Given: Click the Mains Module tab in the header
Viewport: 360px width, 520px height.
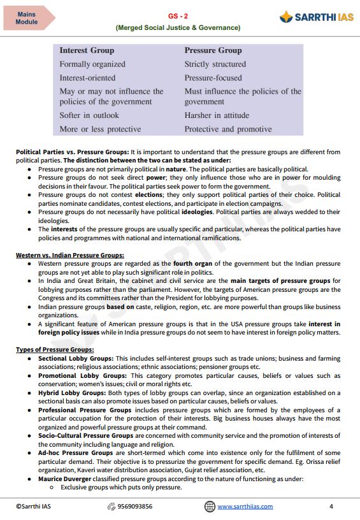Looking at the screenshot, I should tap(27, 18).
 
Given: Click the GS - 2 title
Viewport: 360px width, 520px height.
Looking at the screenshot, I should tap(178, 16).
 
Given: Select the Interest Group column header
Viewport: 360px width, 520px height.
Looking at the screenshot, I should tap(87, 50).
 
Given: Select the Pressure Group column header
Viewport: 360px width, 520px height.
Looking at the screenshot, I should tap(213, 50).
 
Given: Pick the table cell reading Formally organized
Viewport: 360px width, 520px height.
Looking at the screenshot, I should tap(92, 64).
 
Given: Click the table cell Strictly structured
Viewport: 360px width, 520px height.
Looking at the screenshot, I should tap(215, 64).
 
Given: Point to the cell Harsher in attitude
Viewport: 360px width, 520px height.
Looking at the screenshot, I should tap(217, 115).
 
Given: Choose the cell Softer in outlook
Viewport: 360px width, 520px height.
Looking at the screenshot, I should tap(89, 115).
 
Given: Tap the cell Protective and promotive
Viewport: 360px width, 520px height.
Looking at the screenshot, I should tap(227, 129).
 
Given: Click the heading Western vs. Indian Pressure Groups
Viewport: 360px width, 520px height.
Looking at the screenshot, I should tap(70, 256).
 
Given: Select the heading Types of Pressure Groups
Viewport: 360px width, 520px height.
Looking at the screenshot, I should tap(55, 350).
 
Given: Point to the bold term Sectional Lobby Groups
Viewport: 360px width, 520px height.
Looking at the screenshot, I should tap(76, 359).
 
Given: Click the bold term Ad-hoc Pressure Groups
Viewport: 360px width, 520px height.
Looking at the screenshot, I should tap(76, 452).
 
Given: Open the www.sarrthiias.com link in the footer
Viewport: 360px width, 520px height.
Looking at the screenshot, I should tap(245, 507).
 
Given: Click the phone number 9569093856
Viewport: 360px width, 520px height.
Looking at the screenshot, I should tap(134, 507).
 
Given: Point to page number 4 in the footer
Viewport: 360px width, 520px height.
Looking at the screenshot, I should tap(331, 507).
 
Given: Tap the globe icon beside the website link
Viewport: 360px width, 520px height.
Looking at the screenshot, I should tap(210, 507).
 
